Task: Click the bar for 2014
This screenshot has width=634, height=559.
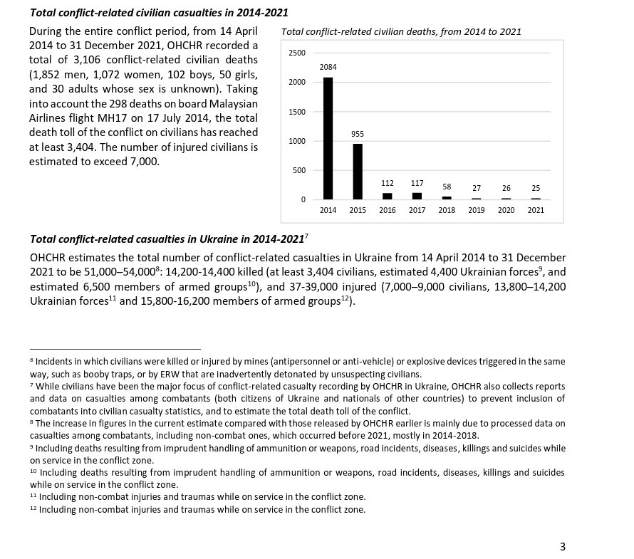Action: coord(328,138)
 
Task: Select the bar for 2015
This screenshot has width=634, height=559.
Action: coord(358,172)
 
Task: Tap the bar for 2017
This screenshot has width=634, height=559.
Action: coord(417,196)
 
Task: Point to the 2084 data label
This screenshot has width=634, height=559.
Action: coord(328,67)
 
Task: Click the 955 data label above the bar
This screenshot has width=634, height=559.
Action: coord(358,134)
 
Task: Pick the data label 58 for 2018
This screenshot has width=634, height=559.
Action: coord(447,187)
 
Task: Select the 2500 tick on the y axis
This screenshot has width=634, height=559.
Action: coord(297,53)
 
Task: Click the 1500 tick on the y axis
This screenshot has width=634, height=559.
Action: coord(297,112)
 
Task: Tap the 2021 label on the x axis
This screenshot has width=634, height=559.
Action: coord(536,210)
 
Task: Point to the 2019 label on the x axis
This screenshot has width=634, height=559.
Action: coord(476,210)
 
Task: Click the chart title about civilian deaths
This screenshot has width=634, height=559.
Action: coord(401,32)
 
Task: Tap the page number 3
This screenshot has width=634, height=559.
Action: coord(563,547)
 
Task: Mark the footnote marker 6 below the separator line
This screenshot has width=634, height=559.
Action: coord(31,360)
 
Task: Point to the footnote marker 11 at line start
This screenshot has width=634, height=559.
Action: coord(33,496)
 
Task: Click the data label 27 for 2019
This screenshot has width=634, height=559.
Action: coord(476,189)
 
